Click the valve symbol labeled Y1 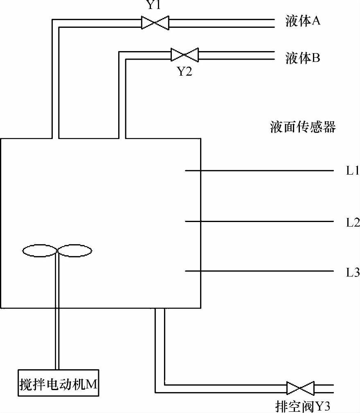(155, 22)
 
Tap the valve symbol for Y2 (184, 54)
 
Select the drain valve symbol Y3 (300, 388)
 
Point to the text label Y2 (184, 72)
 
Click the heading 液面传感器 (303, 127)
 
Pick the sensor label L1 (352, 171)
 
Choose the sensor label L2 (352, 223)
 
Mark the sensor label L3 (352, 272)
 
